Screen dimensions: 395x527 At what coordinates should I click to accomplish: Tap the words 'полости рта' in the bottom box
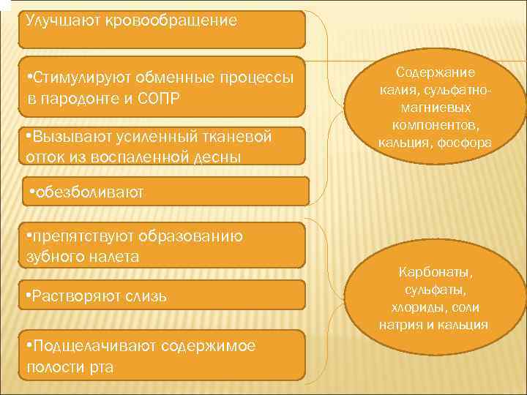pos(70,366)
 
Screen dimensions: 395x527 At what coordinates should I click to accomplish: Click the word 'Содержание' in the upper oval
pos(435,72)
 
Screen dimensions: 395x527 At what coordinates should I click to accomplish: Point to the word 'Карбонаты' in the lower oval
pos(435,273)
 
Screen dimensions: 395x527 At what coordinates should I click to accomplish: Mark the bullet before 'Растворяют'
pos(28,296)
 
